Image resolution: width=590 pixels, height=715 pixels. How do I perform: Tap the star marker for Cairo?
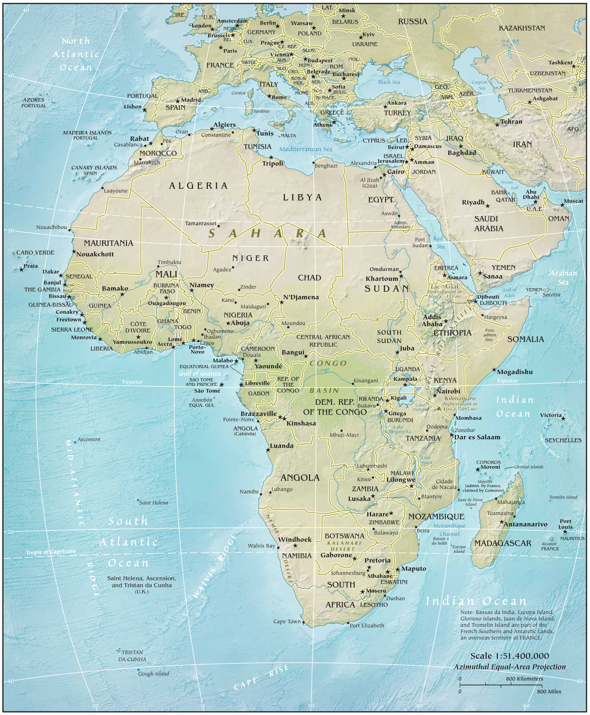click(x=384, y=175)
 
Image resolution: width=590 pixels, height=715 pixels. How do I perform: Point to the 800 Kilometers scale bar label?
click(x=524, y=679)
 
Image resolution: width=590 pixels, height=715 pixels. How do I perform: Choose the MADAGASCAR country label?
click(x=502, y=543)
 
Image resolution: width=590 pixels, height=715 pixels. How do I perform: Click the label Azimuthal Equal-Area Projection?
click(x=509, y=667)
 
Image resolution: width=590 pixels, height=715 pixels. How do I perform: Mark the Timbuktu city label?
click(x=169, y=262)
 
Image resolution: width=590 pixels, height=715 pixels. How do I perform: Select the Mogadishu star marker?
click(x=494, y=370)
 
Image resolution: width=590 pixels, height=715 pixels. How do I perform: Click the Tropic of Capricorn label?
click(x=51, y=552)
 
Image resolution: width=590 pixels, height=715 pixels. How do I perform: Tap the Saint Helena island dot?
click(x=138, y=500)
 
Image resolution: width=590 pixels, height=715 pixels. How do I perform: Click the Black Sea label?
click(x=389, y=82)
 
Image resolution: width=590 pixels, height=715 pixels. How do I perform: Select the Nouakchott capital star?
click(x=74, y=252)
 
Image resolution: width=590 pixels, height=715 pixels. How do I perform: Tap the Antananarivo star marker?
click(x=502, y=522)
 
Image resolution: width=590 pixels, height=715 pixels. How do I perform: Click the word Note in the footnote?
click(x=467, y=612)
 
